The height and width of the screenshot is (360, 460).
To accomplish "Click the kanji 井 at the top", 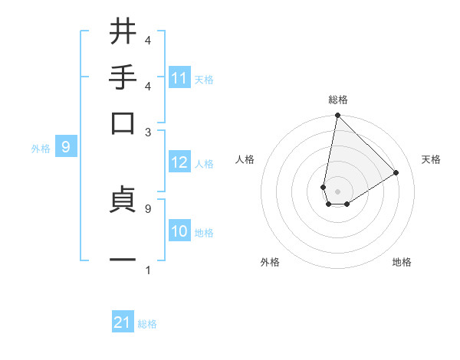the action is (123, 31).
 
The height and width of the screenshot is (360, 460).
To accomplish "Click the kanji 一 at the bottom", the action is (123, 260).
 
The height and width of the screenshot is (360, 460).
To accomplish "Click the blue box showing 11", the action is (179, 78).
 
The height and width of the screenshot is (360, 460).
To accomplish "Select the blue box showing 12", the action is (179, 163).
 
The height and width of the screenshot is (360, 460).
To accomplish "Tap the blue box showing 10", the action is (179, 231).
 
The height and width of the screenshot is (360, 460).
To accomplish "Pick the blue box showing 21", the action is (123, 323).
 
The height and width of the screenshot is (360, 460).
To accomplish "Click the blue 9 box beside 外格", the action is (66, 147).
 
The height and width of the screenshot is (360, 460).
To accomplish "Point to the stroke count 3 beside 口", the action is (148, 132).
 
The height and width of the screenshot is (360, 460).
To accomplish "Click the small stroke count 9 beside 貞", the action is (147, 208).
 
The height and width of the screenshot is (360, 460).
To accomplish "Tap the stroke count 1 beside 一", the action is (147, 270).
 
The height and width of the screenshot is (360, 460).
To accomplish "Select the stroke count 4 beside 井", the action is (147, 40).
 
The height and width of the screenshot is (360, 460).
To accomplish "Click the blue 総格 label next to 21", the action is (147, 324).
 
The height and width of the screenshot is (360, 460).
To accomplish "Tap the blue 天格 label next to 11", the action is (204, 79).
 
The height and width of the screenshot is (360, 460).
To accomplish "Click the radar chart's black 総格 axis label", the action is (338, 100).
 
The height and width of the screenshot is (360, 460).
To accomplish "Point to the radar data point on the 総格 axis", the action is (337, 116).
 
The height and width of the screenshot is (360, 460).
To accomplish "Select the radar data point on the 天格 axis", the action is (396, 172).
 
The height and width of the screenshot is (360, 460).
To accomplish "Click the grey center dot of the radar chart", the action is (337, 191).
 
